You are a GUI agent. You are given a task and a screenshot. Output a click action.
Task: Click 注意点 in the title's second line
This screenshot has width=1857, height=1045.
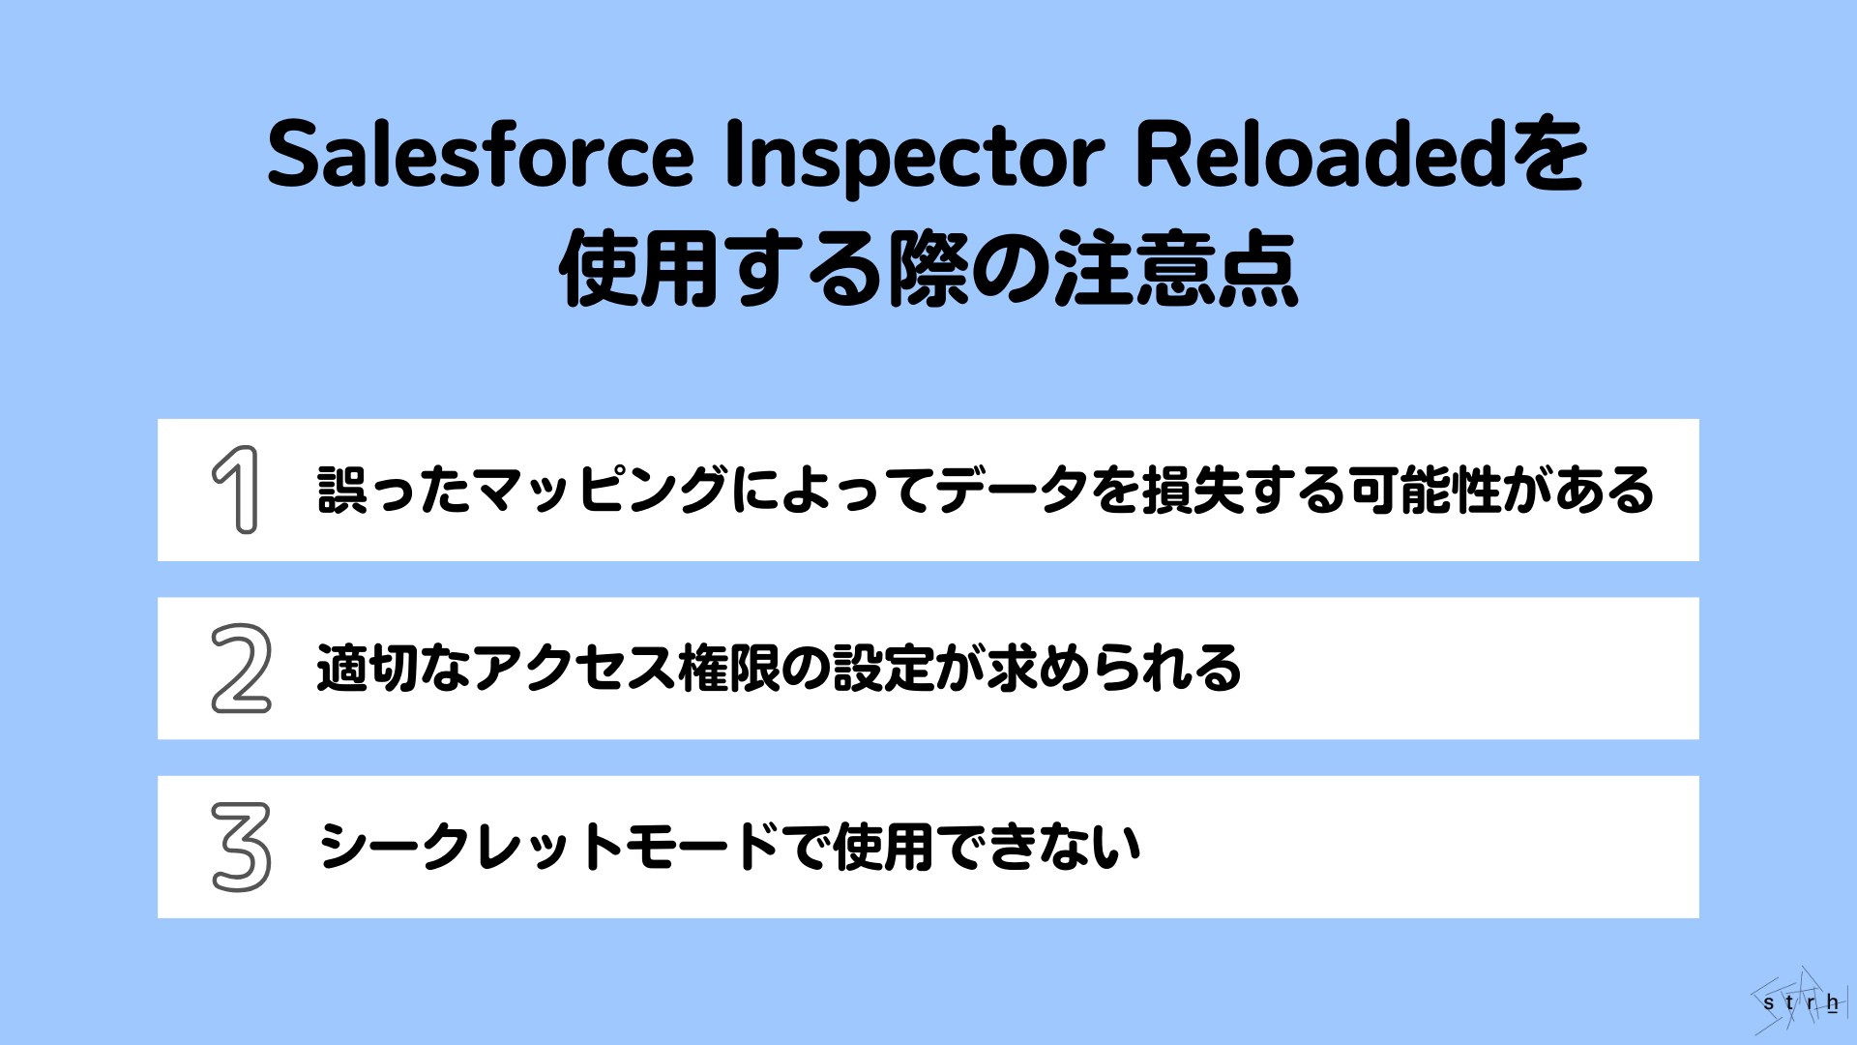click(1175, 270)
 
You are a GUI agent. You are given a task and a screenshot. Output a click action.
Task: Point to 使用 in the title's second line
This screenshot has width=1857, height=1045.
click(639, 270)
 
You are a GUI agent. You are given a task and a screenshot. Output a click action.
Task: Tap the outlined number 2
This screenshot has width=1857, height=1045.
click(241, 669)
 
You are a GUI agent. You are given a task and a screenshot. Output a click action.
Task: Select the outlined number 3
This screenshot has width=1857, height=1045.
click(241, 847)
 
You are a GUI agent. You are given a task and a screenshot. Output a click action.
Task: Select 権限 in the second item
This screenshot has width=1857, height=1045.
click(729, 669)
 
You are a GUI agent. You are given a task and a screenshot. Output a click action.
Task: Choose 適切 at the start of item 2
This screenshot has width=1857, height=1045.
click(368, 669)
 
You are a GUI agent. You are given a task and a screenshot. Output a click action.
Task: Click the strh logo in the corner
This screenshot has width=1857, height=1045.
click(1799, 1001)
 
